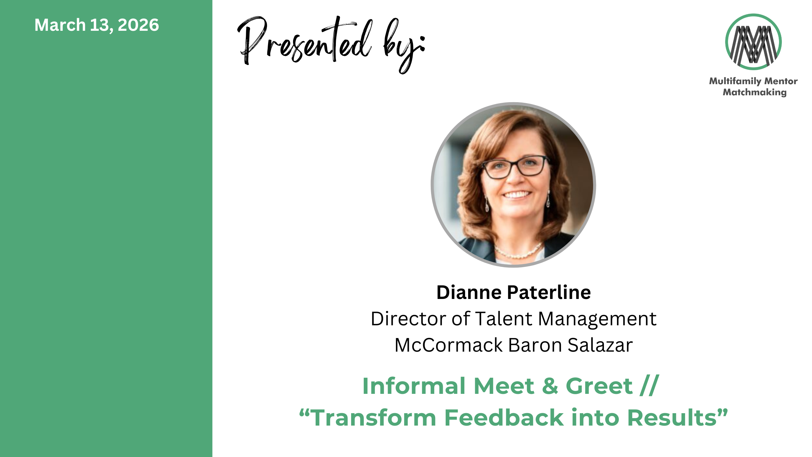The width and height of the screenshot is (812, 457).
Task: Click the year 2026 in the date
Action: [x=138, y=25]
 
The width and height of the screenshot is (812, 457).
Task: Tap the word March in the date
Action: [x=60, y=25]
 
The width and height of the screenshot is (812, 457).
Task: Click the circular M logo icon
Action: [x=753, y=42]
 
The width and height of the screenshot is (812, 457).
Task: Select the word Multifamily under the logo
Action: [x=736, y=82]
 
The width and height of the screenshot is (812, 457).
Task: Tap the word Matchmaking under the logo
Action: [x=755, y=92]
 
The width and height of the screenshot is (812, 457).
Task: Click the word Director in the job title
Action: [x=409, y=319]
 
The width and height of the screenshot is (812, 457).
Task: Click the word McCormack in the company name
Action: [x=449, y=345]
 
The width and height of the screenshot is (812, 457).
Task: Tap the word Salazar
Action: [x=600, y=345]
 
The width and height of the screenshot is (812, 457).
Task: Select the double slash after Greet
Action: [x=649, y=386]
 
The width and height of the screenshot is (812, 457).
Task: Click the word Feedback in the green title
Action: [x=504, y=417]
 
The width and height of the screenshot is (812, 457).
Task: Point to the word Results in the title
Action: [x=672, y=417]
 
